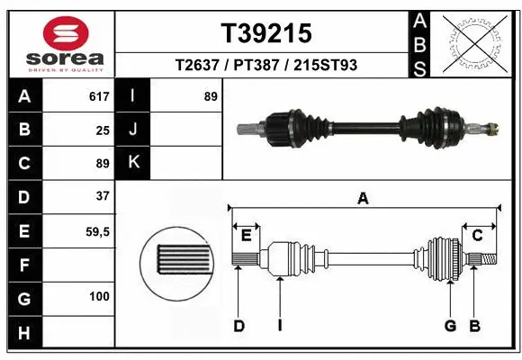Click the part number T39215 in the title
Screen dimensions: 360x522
click(266, 33)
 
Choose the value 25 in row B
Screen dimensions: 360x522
click(103, 130)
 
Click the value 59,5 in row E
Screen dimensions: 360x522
click(96, 231)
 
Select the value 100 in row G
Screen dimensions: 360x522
click(99, 297)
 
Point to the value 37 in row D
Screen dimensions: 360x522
click(102, 196)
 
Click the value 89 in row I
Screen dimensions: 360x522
click(211, 95)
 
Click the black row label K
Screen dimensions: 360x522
click(133, 163)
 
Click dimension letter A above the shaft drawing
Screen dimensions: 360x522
click(364, 199)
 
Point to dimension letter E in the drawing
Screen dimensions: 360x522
click(246, 236)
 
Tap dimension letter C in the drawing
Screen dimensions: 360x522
click(478, 236)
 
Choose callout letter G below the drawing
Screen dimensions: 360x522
click(450, 326)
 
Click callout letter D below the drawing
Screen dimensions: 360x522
click(239, 326)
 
